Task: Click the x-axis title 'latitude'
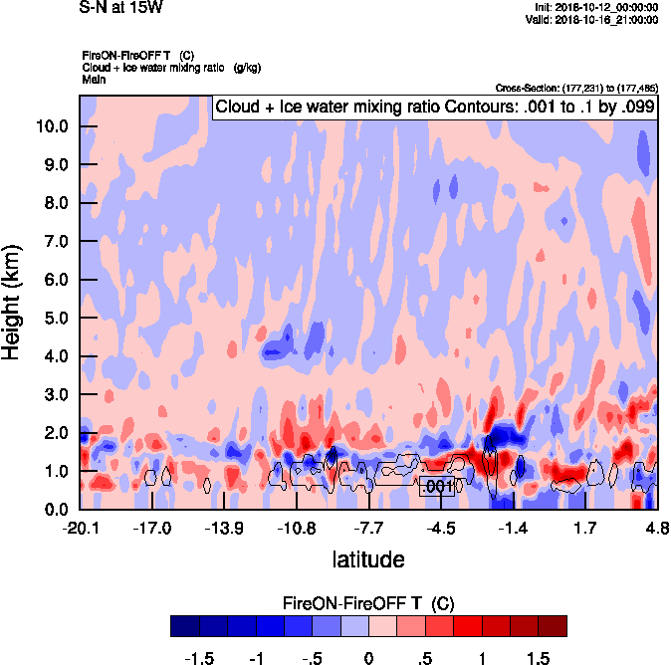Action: pyautogui.click(x=368, y=559)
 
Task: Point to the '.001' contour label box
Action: pyautogui.click(x=438, y=486)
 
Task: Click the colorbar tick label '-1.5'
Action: pyautogui.click(x=199, y=658)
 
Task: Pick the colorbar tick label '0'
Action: pyautogui.click(x=368, y=658)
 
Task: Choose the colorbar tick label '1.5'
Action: pyautogui.click(x=538, y=658)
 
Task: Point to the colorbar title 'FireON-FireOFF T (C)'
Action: pyautogui.click(x=368, y=603)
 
